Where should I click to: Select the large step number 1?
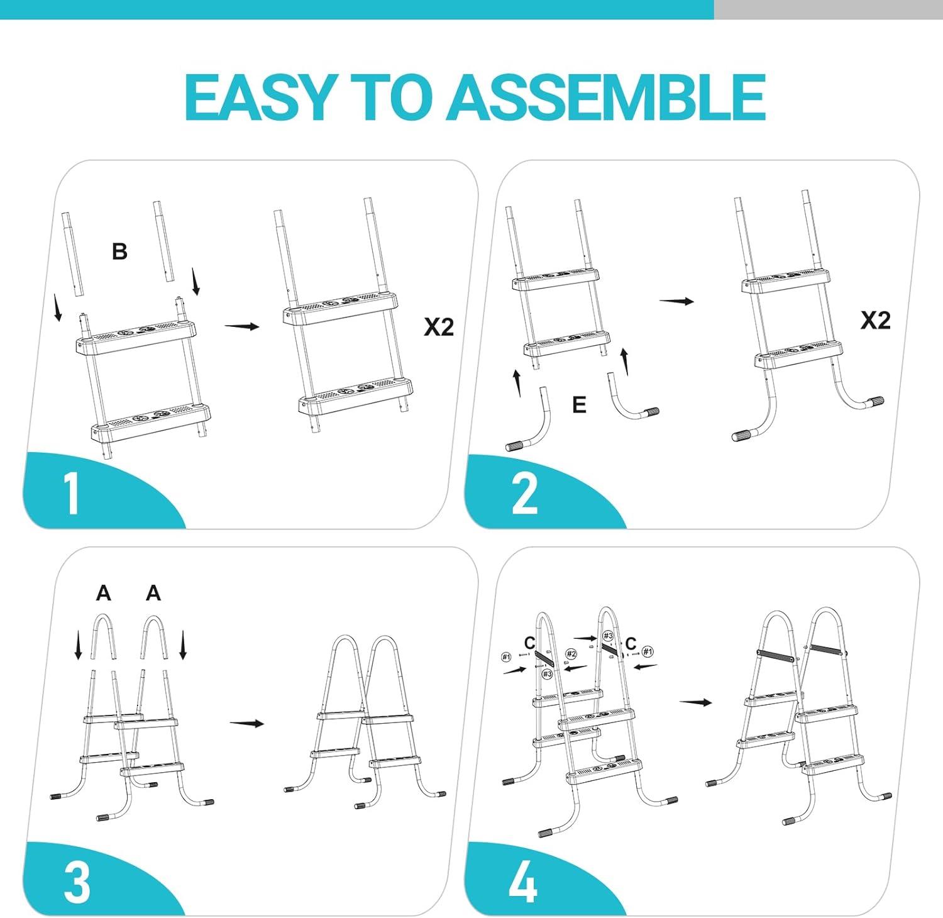pos(72,494)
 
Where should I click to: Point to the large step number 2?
pos(525,494)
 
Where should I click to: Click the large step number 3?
pos(77,882)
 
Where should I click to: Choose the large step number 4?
pos(522,882)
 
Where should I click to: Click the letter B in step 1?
pos(119,252)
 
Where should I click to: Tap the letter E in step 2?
pos(579,404)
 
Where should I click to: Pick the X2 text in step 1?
pos(439,327)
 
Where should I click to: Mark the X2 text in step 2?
pos(876,321)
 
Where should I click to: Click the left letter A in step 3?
pos(104,593)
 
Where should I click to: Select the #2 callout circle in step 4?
pos(571,655)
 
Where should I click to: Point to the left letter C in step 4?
pos(530,643)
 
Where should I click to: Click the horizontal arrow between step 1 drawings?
pos(242,326)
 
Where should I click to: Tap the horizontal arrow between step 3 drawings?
pos(246,723)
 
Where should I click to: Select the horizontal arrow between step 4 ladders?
pos(695,702)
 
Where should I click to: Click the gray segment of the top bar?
pos(829,9)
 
